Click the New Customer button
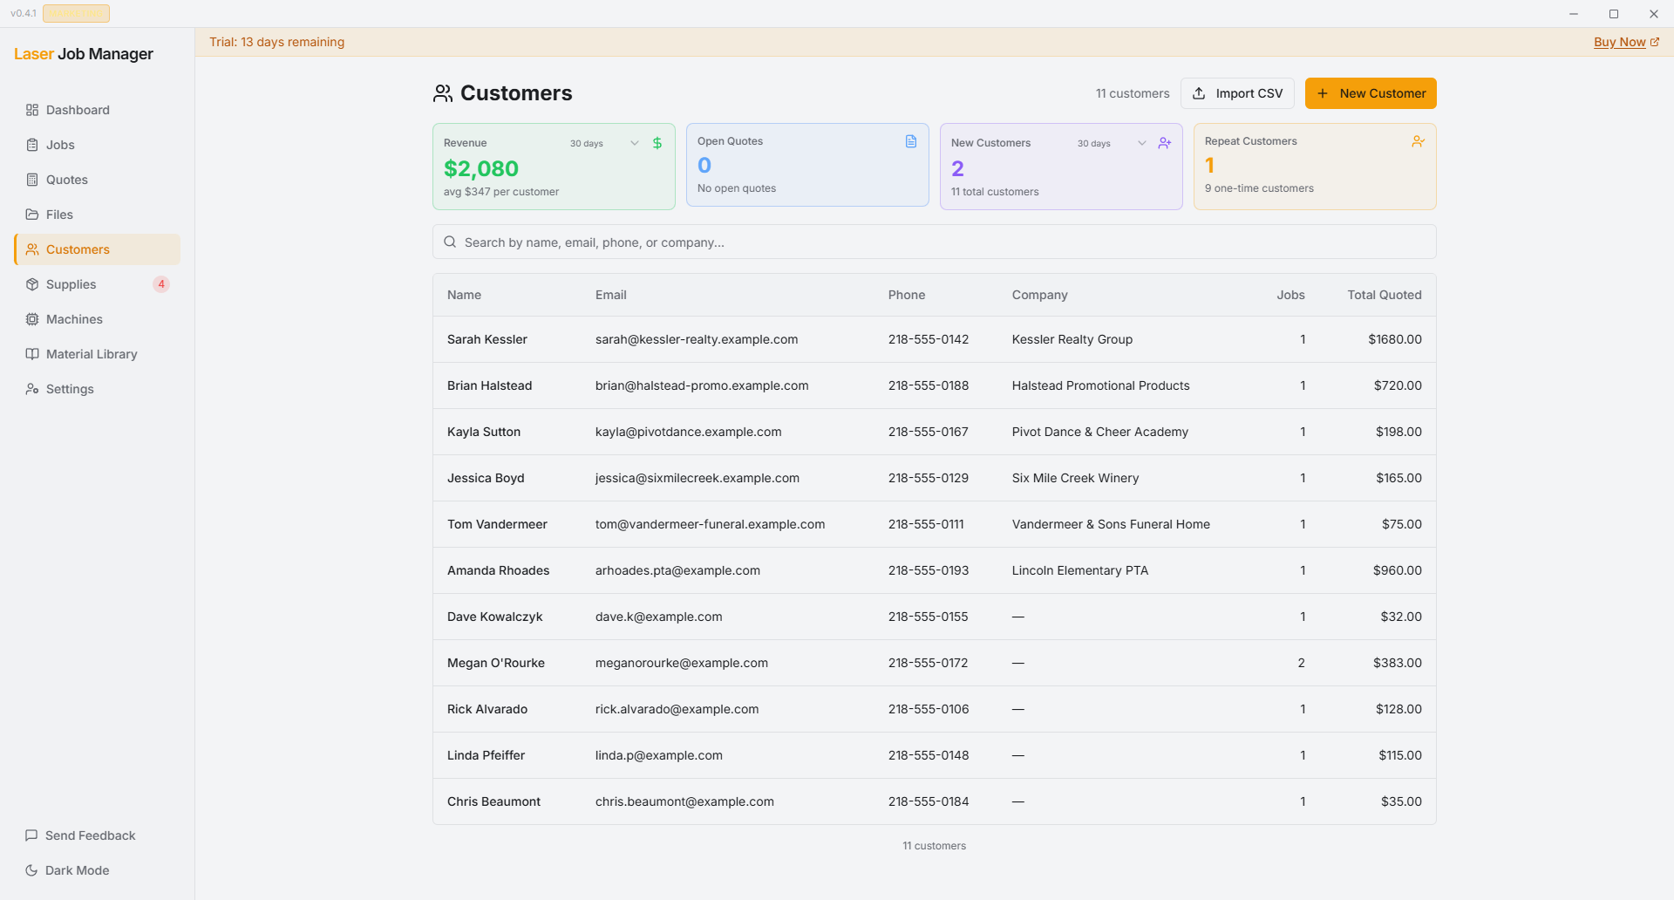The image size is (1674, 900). tap(1370, 93)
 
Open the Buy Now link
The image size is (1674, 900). tap(1619, 42)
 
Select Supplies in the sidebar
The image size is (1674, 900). tap(71, 284)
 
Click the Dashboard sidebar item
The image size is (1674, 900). tap(78, 110)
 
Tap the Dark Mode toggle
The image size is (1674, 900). tap(77, 870)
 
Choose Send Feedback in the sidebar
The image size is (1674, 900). tap(90, 835)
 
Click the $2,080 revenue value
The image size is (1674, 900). tap(481, 168)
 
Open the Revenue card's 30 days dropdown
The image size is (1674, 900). tap(603, 143)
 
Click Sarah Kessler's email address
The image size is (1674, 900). tap(696, 339)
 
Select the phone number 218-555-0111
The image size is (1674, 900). tap(926, 524)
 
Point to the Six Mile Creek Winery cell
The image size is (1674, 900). tap(1075, 478)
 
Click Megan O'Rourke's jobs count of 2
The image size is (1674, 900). tap(1301, 663)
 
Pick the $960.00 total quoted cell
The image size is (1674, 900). tap(1397, 570)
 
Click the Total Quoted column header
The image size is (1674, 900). tap(1384, 295)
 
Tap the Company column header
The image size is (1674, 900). tap(1039, 295)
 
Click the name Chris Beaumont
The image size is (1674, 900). tap(493, 801)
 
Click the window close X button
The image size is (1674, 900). tap(1653, 14)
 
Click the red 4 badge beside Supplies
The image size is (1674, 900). tap(161, 284)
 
